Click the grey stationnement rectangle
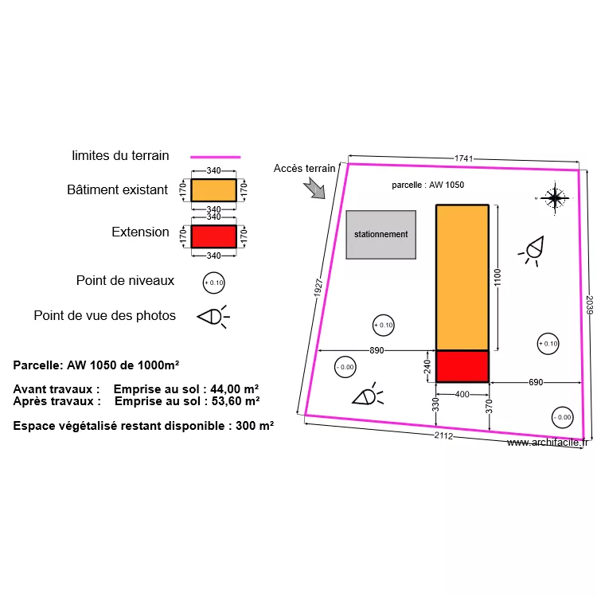tap(380, 235)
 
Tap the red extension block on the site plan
tap(462, 366)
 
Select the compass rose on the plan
tap(554, 198)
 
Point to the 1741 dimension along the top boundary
tap(463, 158)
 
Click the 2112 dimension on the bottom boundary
tap(443, 435)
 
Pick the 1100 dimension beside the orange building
tap(497, 277)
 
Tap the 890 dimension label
tap(377, 350)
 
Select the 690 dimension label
tap(536, 382)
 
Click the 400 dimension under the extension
tap(462, 395)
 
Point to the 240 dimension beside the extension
tap(427, 366)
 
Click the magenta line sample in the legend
tap(216, 157)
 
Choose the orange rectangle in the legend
tap(213, 190)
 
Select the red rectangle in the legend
tap(213, 236)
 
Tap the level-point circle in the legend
tap(213, 283)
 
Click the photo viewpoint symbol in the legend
tap(213, 317)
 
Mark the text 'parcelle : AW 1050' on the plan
tap(428, 185)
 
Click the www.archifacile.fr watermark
tap(548, 443)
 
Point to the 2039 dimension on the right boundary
tap(589, 305)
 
